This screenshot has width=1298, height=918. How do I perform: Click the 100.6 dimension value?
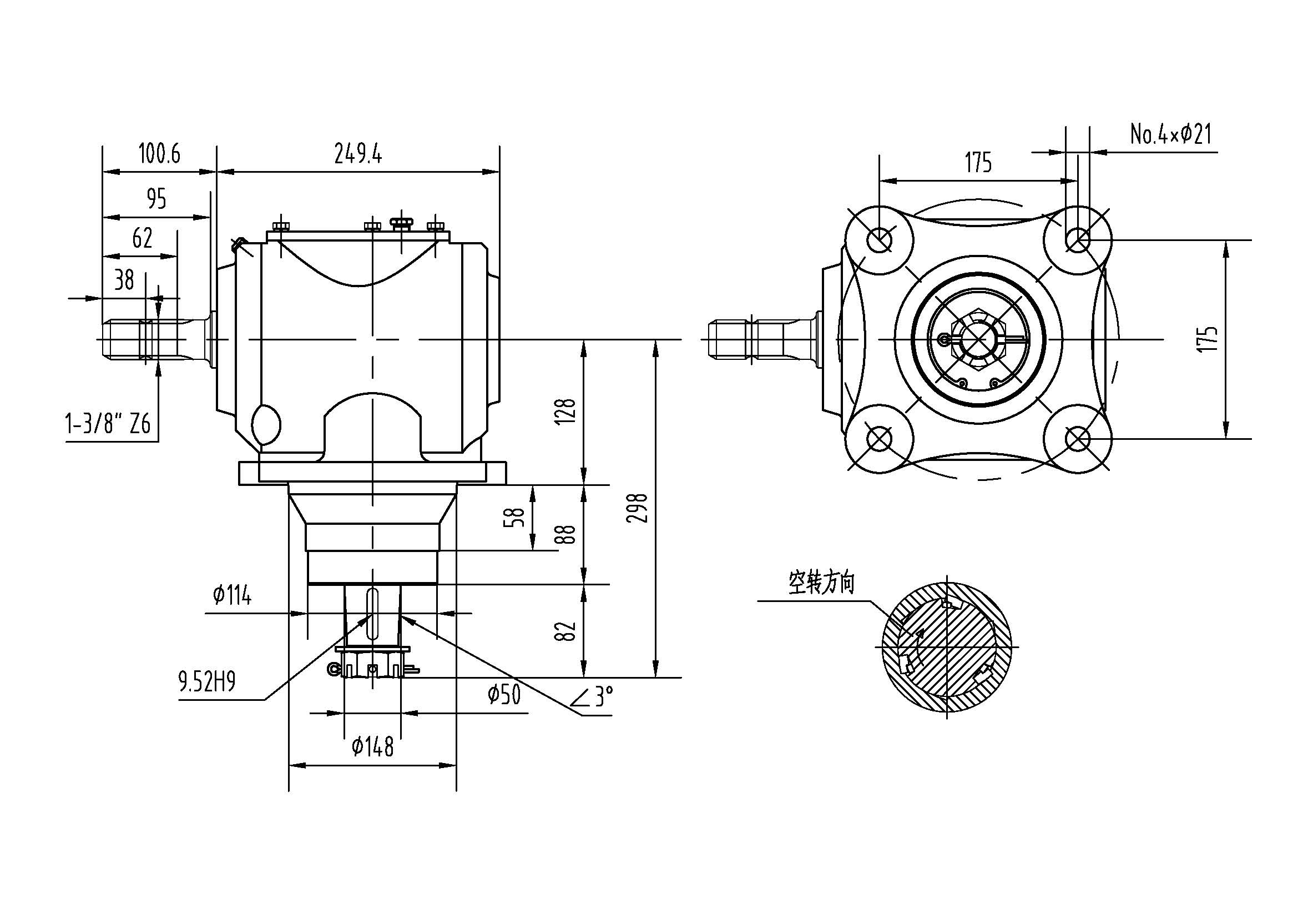pyautogui.click(x=159, y=153)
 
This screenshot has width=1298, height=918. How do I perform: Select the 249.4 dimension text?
pyautogui.click(x=358, y=153)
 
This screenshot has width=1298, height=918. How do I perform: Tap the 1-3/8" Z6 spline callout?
pyautogui.click(x=108, y=424)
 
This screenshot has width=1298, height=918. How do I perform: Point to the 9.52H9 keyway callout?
pyautogui.click(x=207, y=683)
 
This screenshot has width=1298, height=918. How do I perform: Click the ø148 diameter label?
pyautogui.click(x=372, y=747)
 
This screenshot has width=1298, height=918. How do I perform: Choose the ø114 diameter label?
pyautogui.click(x=232, y=595)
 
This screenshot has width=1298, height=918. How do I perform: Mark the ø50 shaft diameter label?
pyautogui.click(x=504, y=695)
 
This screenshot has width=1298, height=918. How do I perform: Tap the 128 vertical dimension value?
pyautogui.click(x=566, y=411)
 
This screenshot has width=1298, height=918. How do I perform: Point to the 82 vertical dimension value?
pyautogui.click(x=566, y=631)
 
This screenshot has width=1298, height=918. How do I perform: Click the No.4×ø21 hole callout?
pyautogui.click(x=1171, y=134)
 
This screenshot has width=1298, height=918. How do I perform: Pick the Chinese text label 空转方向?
pyautogui.click(x=821, y=583)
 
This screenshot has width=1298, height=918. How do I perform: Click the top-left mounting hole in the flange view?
pyautogui.click(x=880, y=240)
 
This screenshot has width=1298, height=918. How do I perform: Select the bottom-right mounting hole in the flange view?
pyautogui.click(x=1078, y=438)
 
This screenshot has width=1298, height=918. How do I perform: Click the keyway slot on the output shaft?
pyautogui.click(x=372, y=613)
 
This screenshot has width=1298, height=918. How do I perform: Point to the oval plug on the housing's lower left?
pyautogui.click(x=266, y=423)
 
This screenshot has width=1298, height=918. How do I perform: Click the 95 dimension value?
pyautogui.click(x=156, y=199)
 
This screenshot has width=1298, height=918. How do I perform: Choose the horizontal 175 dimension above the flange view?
pyautogui.click(x=978, y=163)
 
